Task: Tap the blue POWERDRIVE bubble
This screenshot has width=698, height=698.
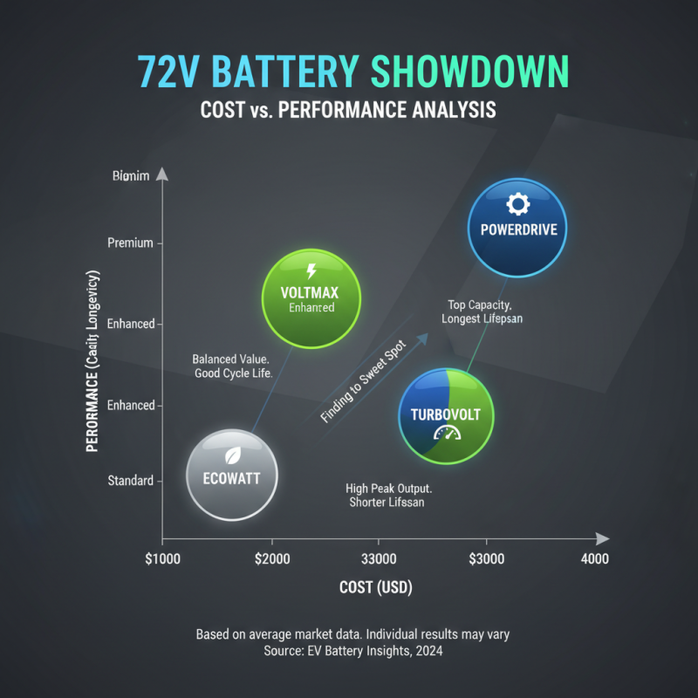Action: click(x=517, y=229)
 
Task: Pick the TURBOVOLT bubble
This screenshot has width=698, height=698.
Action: click(x=446, y=415)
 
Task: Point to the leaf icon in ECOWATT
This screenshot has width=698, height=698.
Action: click(x=232, y=455)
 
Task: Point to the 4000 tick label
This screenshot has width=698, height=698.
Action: click(x=595, y=558)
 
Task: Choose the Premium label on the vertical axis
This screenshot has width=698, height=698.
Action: click(x=130, y=243)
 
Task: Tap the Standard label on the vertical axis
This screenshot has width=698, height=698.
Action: click(x=130, y=481)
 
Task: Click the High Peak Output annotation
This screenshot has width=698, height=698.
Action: click(x=389, y=496)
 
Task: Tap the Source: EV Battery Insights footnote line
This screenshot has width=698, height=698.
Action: click(x=352, y=651)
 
